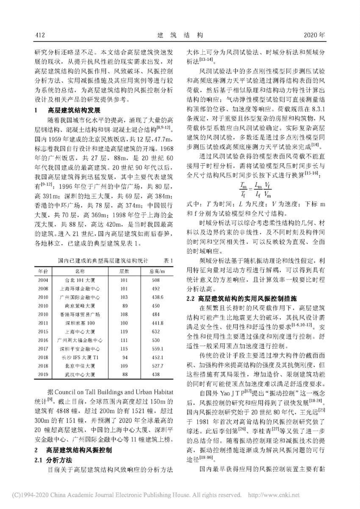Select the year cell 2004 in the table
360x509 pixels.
pyautogui.click(x=43, y=280)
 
